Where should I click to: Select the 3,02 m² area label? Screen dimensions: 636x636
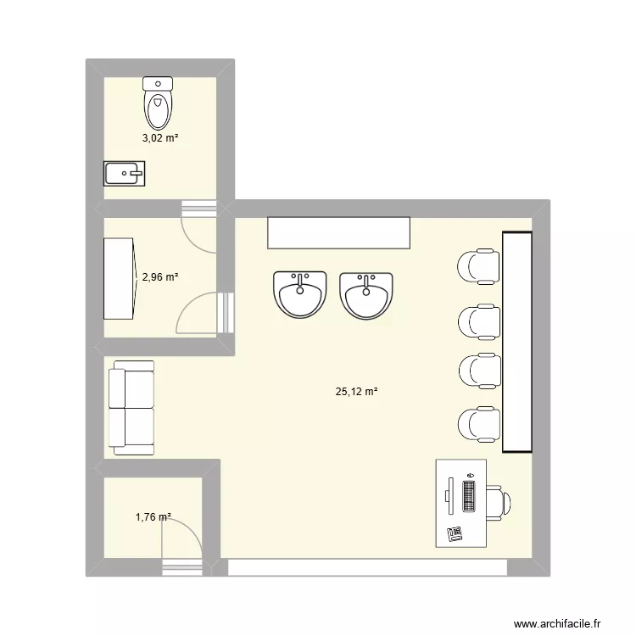click(x=159, y=137)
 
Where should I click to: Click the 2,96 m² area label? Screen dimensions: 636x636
click(x=159, y=276)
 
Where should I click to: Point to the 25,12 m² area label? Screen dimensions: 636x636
click(x=356, y=392)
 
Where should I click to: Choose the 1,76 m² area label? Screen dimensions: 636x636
click(x=153, y=516)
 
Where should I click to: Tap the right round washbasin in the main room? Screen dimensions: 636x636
click(x=366, y=294)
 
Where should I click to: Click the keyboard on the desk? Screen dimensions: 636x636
click(x=469, y=495)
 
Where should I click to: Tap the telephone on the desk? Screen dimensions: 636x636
click(x=455, y=533)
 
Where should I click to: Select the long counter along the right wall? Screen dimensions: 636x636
click(x=517, y=341)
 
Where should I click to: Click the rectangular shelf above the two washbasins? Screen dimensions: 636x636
click(x=338, y=232)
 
